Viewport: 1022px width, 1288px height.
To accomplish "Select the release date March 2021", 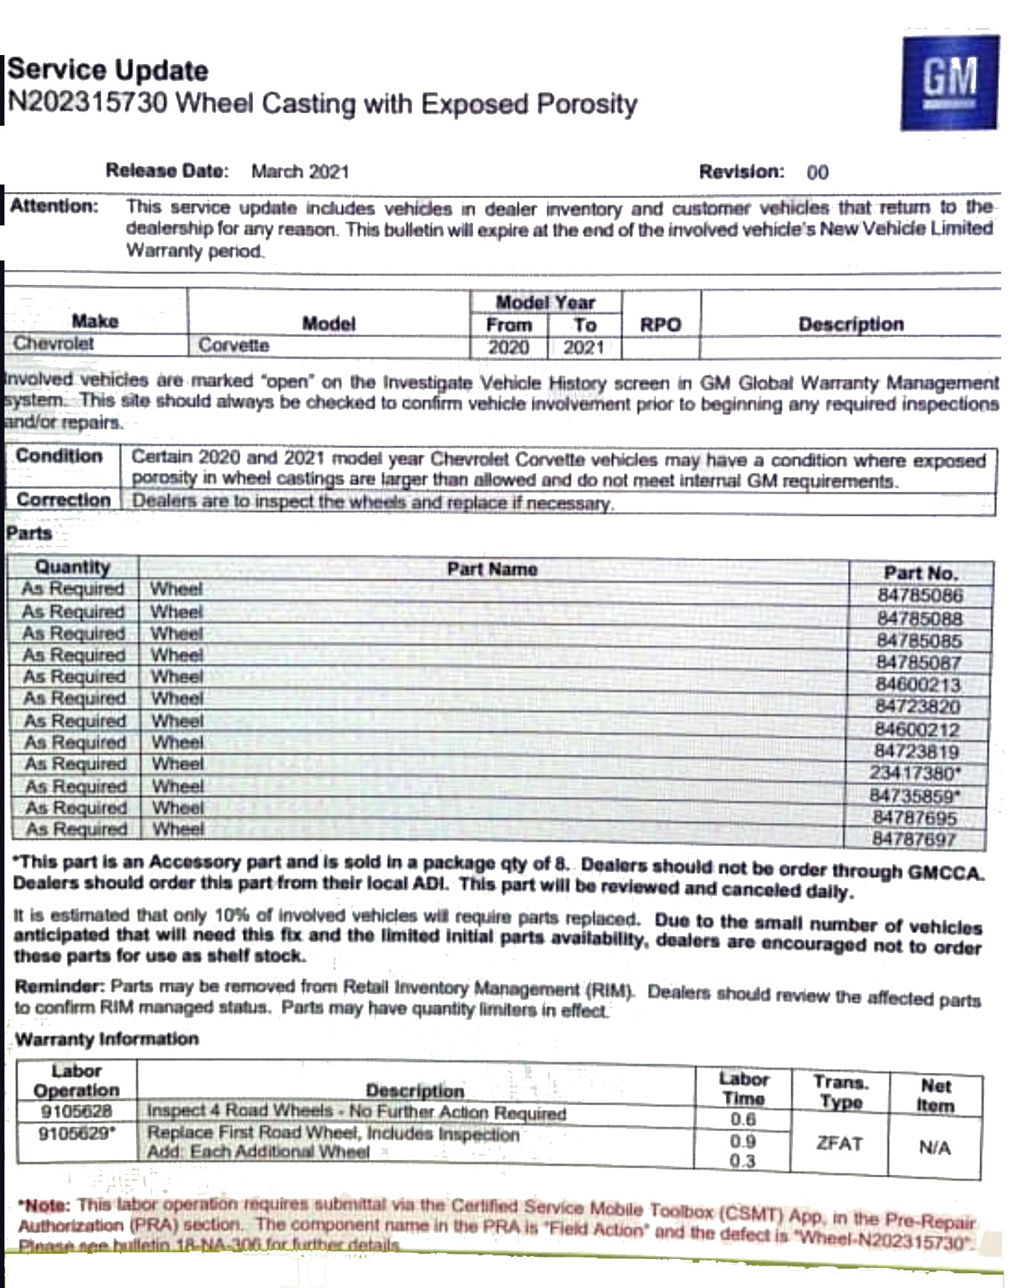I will tap(300, 172).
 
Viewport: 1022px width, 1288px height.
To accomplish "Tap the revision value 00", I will tap(817, 173).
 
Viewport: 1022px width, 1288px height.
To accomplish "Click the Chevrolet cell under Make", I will tap(54, 344).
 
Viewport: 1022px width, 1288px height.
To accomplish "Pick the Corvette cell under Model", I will tap(234, 345).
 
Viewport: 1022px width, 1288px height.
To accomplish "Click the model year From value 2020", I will tap(508, 347).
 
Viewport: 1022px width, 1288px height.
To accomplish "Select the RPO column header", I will tap(661, 324).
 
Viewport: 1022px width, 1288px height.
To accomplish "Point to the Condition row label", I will tap(59, 456).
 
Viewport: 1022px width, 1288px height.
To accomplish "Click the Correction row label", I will tap(63, 500).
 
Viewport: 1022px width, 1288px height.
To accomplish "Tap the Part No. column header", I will tap(921, 573).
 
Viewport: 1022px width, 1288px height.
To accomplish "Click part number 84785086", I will tap(920, 595).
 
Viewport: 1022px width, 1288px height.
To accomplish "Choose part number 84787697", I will tap(914, 839).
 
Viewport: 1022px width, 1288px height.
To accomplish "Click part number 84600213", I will tap(918, 685).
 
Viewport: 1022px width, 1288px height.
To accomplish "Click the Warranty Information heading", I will tap(107, 1039).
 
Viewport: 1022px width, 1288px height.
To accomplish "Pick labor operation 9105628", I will tap(76, 1112).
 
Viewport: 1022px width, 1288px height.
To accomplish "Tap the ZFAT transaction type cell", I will tap(839, 1143).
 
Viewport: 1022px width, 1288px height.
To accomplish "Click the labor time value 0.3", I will tap(742, 1161).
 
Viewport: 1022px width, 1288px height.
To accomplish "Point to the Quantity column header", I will tap(72, 567).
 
